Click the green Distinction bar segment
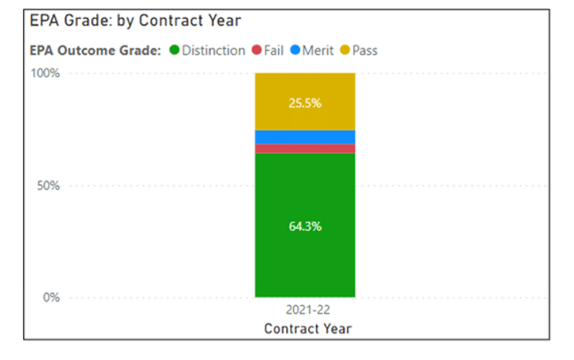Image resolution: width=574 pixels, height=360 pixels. click(305, 255)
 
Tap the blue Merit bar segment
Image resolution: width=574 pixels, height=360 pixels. click(305, 137)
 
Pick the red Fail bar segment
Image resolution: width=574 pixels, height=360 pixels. click(305, 148)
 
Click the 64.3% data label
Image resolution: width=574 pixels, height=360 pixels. click(305, 226)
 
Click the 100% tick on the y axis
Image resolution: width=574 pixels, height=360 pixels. click(45, 73)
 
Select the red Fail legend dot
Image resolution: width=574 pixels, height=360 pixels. click(256, 50)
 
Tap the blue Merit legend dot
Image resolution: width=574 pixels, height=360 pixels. click(295, 50)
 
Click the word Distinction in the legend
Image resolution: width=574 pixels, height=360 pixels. click(213, 50)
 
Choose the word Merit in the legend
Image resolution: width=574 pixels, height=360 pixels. click(318, 50)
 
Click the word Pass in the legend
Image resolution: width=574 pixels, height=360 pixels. click(364, 50)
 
